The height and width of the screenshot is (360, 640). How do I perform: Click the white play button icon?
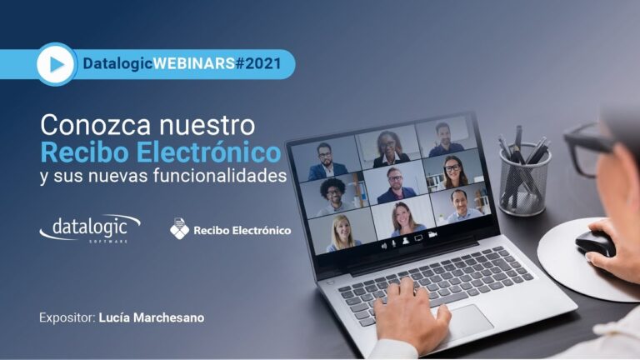click(56, 64)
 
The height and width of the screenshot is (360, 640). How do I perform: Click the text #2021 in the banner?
click(258, 63)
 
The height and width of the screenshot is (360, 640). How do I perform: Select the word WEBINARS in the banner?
click(194, 63)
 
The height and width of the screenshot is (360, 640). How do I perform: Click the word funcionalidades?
click(220, 176)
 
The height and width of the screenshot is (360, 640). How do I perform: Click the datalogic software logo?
click(90, 229)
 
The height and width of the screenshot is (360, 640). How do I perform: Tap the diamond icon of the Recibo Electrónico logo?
click(180, 228)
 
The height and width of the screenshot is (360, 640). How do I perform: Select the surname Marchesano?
click(168, 317)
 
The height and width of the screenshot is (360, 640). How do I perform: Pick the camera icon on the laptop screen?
click(432, 235)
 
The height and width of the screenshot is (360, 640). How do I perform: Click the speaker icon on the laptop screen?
click(383, 246)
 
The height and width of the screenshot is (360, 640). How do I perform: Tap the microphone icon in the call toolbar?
click(394, 243)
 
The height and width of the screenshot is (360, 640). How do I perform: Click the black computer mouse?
click(595, 242)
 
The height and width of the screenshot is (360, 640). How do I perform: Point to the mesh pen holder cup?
click(525, 179)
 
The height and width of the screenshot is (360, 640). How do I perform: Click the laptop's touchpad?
click(465, 321)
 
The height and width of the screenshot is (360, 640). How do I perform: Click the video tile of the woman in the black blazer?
click(388, 146)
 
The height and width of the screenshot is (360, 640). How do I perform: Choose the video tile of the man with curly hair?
click(334, 196)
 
